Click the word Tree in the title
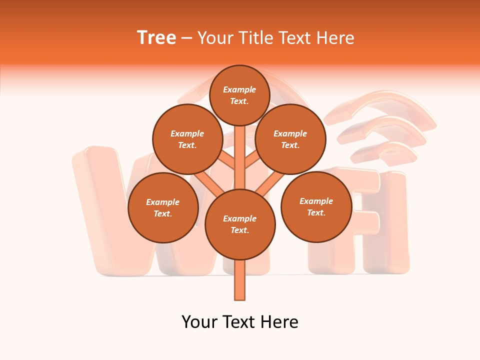(156, 38)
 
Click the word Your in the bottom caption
(199, 322)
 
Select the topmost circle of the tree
(239, 95)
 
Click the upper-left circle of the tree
(187, 139)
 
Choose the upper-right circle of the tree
(290, 139)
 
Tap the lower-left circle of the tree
(163, 207)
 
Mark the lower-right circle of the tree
(316, 206)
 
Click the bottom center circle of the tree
(240, 224)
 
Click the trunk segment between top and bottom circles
(240, 157)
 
